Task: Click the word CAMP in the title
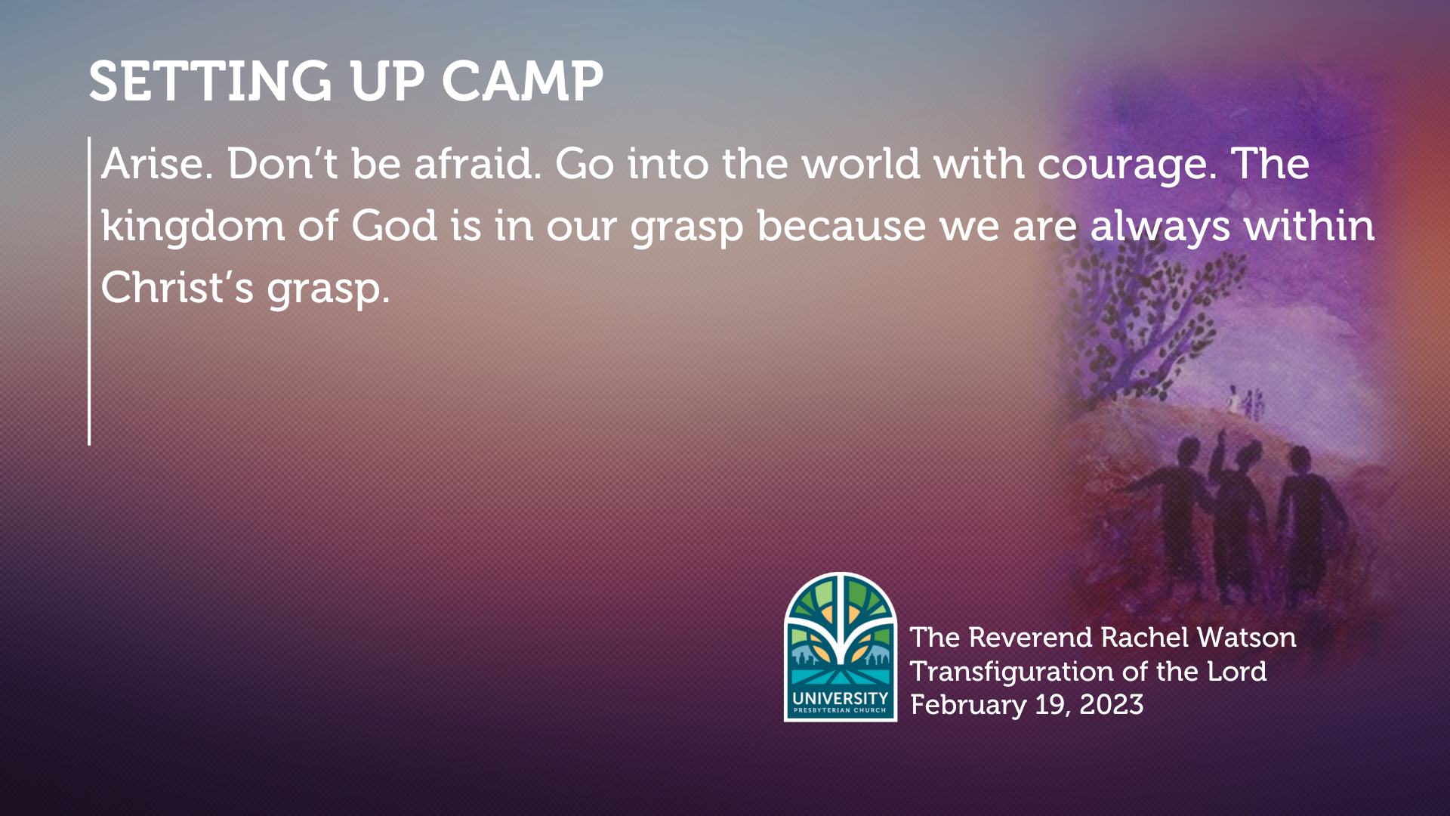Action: click(x=522, y=81)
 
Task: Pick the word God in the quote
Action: click(x=394, y=226)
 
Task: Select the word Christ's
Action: click(x=177, y=288)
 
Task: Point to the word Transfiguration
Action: click(x=1011, y=672)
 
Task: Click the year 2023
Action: click(x=1111, y=705)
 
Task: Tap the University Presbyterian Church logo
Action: click(x=841, y=647)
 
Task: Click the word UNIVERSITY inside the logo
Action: click(x=841, y=698)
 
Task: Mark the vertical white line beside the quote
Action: click(x=89, y=291)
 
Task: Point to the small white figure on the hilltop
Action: click(x=1233, y=398)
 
